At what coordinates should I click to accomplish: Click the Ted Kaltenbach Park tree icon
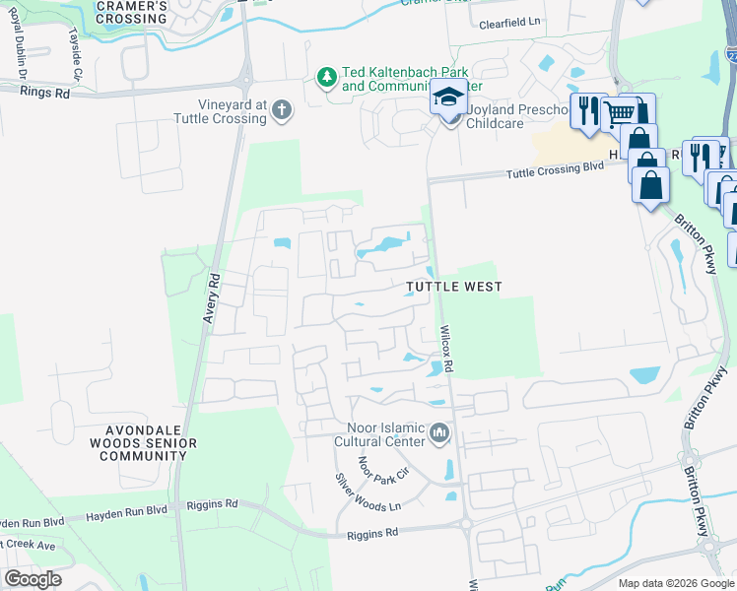tap(326, 76)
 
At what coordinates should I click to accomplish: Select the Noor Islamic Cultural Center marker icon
tap(439, 432)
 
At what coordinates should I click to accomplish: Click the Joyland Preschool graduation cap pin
tap(448, 98)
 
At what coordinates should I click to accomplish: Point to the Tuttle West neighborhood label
tap(454, 287)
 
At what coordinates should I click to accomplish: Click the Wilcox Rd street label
tap(445, 350)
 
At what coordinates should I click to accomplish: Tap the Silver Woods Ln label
tap(368, 492)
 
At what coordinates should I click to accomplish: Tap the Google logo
tap(33, 579)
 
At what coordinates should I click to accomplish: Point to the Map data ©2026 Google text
tap(674, 583)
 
